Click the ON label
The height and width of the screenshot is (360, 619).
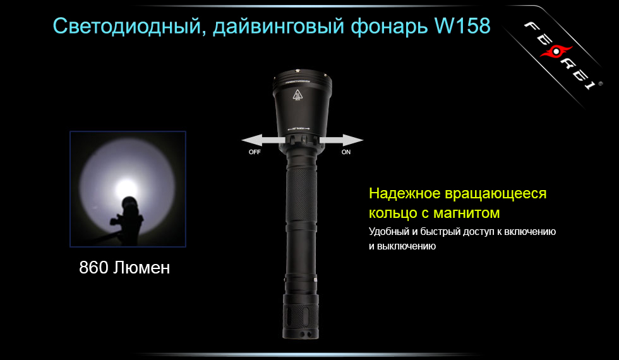[x=346, y=153]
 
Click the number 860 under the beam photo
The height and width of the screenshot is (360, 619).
[x=93, y=268]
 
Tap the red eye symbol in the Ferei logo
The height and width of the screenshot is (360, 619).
[x=555, y=55]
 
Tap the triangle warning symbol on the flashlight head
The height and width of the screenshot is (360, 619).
[x=297, y=95]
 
